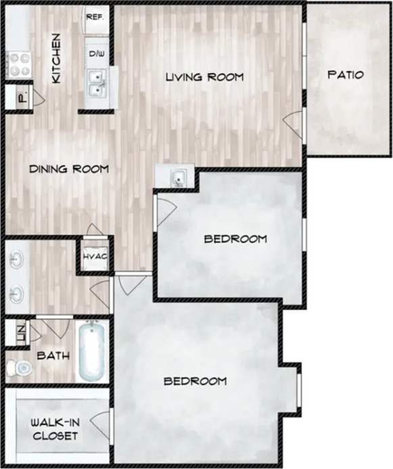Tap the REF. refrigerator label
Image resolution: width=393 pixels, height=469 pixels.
[94, 16]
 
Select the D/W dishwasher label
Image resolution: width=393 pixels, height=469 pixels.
[95, 51]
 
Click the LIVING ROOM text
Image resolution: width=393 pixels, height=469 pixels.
[205, 76]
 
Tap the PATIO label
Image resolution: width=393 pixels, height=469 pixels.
[346, 74]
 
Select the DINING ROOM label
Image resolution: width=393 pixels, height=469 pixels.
[69, 169]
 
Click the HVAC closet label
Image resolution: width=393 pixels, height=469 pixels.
[93, 257]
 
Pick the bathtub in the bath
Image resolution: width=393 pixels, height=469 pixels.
[93, 352]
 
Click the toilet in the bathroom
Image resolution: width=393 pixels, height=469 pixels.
[19, 367]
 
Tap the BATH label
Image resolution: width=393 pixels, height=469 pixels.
[51, 355]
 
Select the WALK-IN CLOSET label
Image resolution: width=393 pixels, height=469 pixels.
[54, 429]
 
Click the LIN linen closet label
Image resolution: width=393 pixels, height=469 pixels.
[20, 332]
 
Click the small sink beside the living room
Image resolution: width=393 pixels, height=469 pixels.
[177, 178]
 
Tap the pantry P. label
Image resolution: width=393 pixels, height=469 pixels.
[22, 97]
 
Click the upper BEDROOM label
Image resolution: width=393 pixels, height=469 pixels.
[235, 239]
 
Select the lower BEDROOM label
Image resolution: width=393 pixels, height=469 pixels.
[195, 381]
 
